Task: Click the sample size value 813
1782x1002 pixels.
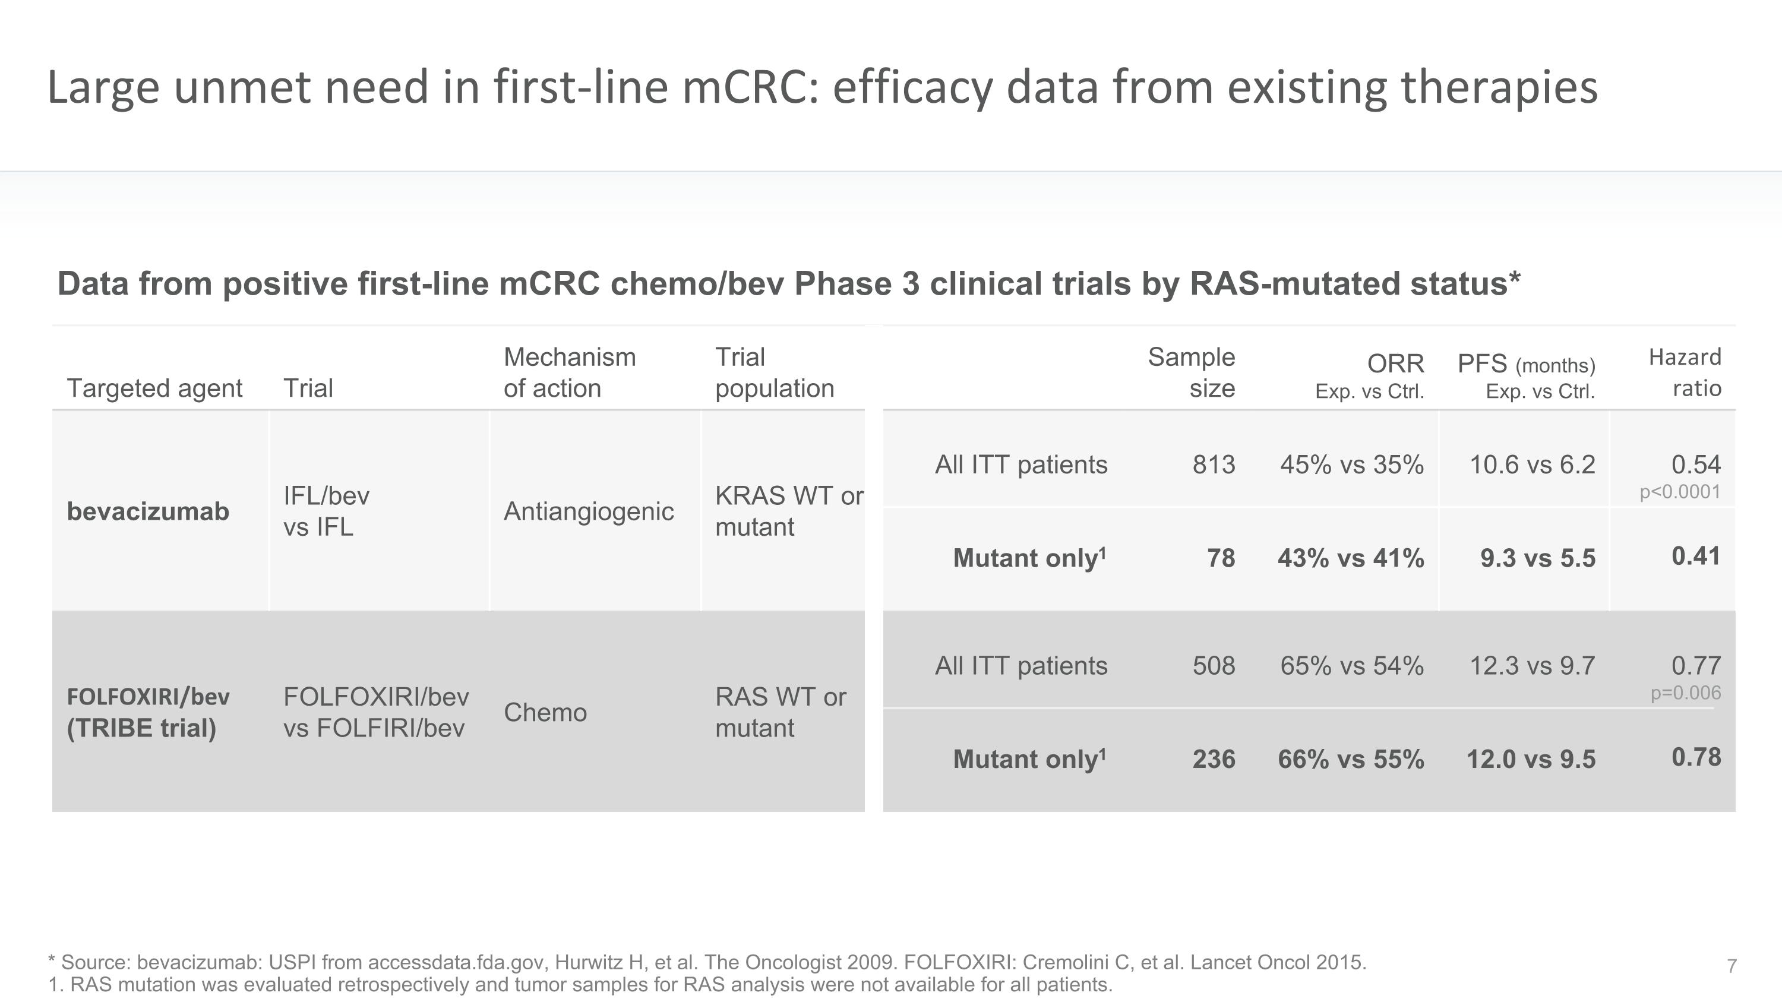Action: click(1214, 464)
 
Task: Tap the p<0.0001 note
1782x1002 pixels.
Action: click(1680, 492)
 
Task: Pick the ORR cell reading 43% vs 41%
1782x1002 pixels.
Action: click(1350, 558)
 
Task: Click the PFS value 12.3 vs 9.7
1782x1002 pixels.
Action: click(1533, 665)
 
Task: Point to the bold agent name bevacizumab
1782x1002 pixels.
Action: click(148, 512)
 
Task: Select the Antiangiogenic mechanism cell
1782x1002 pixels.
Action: click(589, 512)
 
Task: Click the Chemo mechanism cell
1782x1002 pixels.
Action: click(545, 712)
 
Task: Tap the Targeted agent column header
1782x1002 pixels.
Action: click(154, 388)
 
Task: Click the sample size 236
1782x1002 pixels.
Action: click(1214, 759)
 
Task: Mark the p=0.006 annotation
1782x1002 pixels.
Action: click(1686, 693)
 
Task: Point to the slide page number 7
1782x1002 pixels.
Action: click(1732, 966)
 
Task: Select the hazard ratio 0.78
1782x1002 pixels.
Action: click(1696, 757)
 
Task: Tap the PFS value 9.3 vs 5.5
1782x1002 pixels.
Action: click(1538, 558)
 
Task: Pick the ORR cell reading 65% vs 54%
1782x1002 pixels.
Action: click(1352, 665)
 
